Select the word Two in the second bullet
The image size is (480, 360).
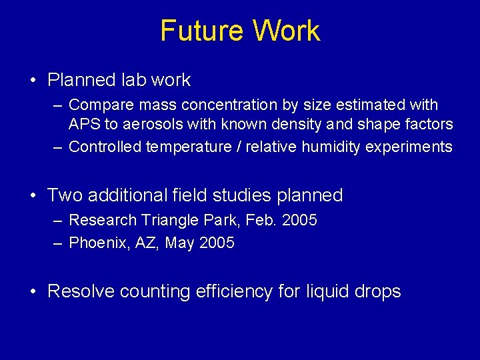[64, 195]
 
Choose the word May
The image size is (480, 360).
[179, 243]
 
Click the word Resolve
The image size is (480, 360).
[81, 291]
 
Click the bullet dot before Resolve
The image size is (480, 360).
[34, 292]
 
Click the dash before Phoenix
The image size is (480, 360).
[59, 243]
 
